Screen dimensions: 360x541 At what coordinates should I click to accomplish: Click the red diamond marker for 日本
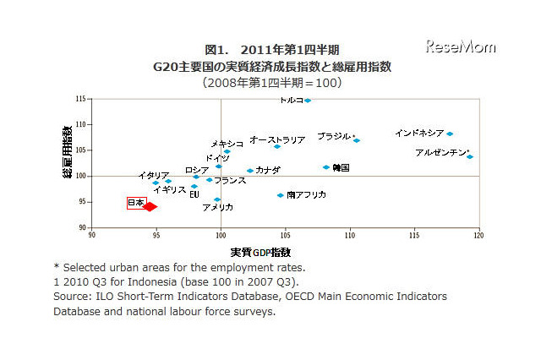tap(150, 206)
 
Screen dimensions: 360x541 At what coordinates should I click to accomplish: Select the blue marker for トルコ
tap(308, 101)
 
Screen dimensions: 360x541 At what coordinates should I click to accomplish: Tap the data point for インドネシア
tap(450, 134)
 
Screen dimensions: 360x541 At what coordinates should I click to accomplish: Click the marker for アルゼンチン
tap(470, 156)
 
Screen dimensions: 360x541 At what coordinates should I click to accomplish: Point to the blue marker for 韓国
tap(326, 167)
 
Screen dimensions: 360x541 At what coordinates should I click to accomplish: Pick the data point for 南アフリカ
tap(281, 195)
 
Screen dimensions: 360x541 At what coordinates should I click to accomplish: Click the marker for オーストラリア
tap(277, 146)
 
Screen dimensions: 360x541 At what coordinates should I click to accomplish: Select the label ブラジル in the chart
tap(335, 136)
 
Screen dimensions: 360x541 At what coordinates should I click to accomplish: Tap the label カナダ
tap(267, 170)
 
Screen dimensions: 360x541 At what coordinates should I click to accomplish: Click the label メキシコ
tap(227, 144)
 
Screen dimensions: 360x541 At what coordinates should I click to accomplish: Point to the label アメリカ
tap(217, 207)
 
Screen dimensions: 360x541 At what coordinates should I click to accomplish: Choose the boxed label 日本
tap(135, 203)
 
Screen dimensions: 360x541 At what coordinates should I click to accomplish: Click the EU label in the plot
tap(194, 194)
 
